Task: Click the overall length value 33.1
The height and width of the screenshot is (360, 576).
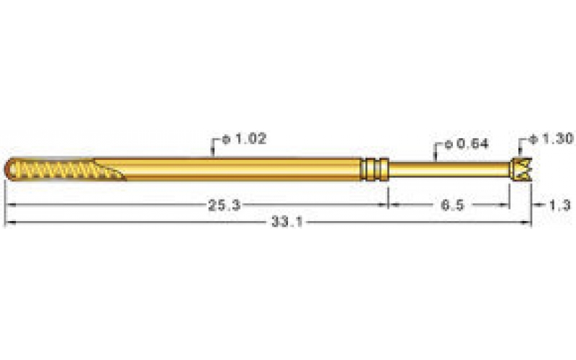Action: coord(286,223)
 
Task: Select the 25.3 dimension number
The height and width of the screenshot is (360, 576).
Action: coord(224,205)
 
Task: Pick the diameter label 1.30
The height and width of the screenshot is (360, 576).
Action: coord(551,138)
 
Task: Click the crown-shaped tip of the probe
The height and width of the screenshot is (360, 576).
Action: coord(520,168)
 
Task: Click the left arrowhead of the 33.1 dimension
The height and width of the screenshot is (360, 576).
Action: coord(9,223)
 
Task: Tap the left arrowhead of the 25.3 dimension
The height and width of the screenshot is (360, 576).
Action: coord(9,205)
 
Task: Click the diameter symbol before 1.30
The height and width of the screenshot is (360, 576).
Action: coord(534,138)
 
